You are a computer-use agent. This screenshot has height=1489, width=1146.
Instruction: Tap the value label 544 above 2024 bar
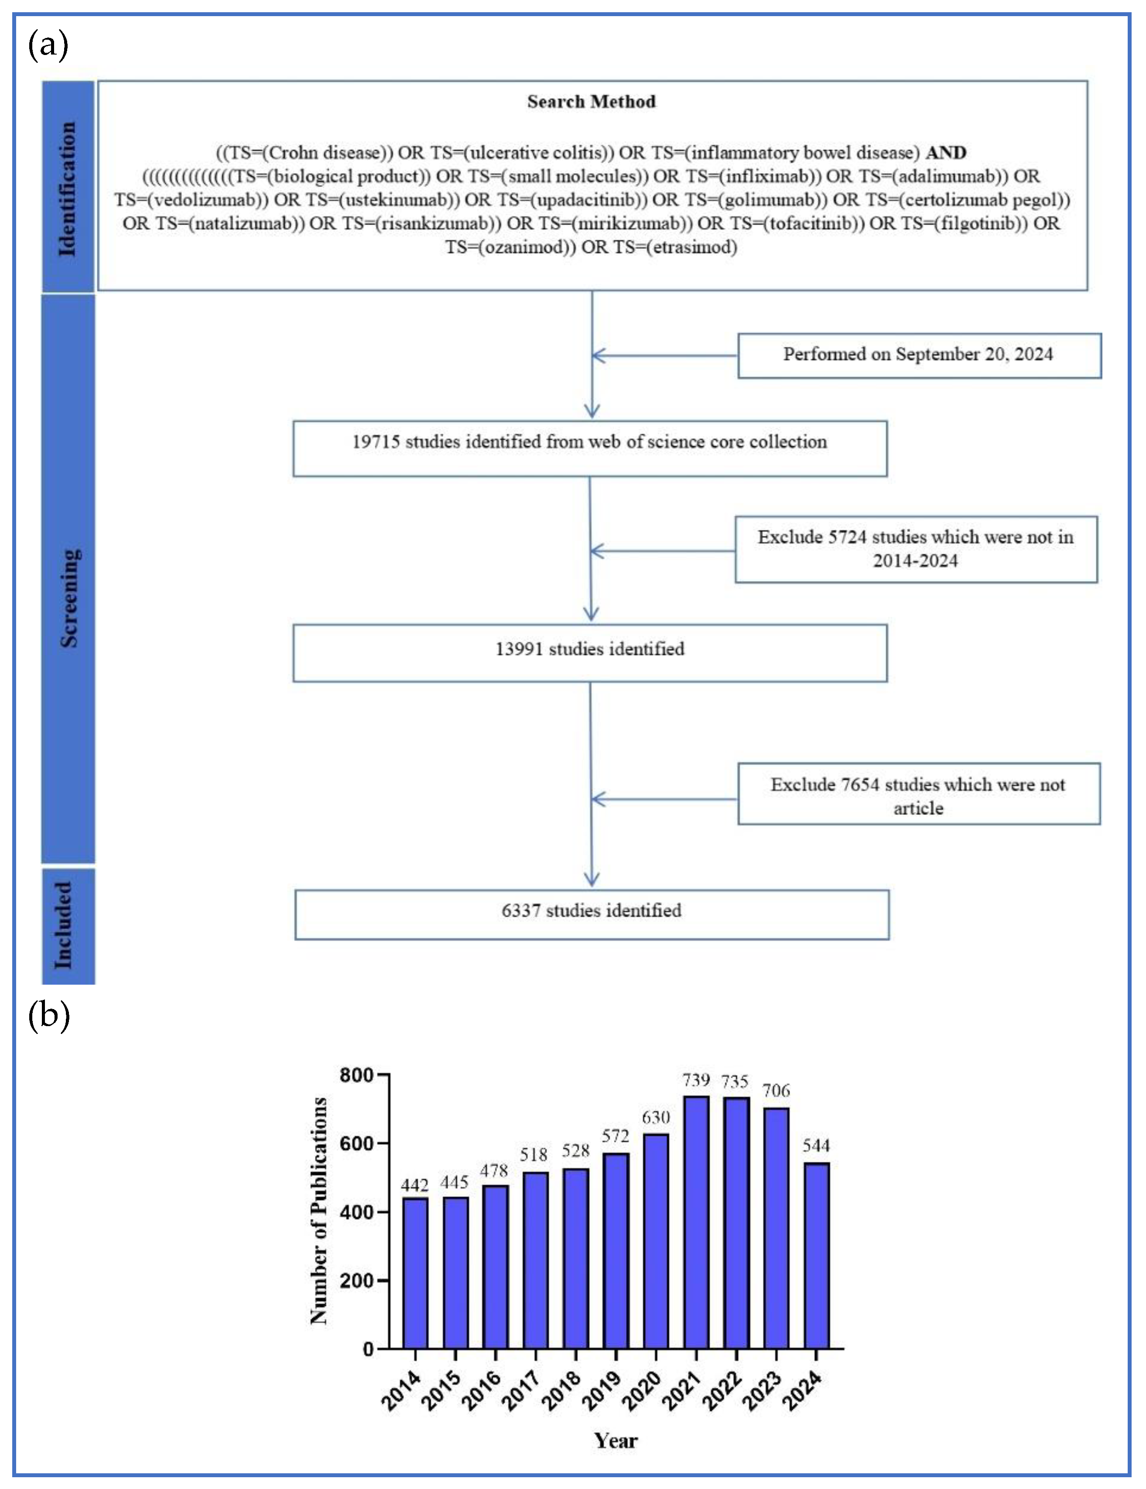[x=816, y=1145]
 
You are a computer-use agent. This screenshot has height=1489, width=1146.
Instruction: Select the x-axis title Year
[x=616, y=1441]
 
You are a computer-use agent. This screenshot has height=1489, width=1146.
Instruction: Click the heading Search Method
[x=591, y=102]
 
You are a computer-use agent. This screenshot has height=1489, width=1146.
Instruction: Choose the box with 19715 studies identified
[x=590, y=448]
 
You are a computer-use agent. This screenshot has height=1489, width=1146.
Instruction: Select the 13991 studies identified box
[x=590, y=653]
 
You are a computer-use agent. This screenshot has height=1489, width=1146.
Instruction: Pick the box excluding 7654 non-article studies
[x=918, y=794]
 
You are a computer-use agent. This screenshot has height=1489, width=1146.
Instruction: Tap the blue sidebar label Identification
[x=68, y=189]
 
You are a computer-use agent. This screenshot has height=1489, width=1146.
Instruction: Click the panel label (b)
[x=49, y=1015]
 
